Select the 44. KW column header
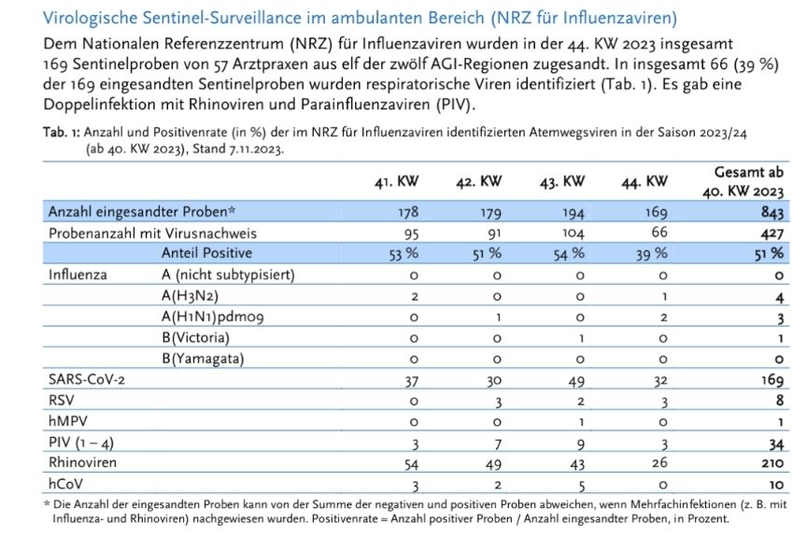644,181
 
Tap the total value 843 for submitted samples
772,213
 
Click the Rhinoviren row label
82,461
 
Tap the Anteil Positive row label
207,254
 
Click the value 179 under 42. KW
489,213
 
